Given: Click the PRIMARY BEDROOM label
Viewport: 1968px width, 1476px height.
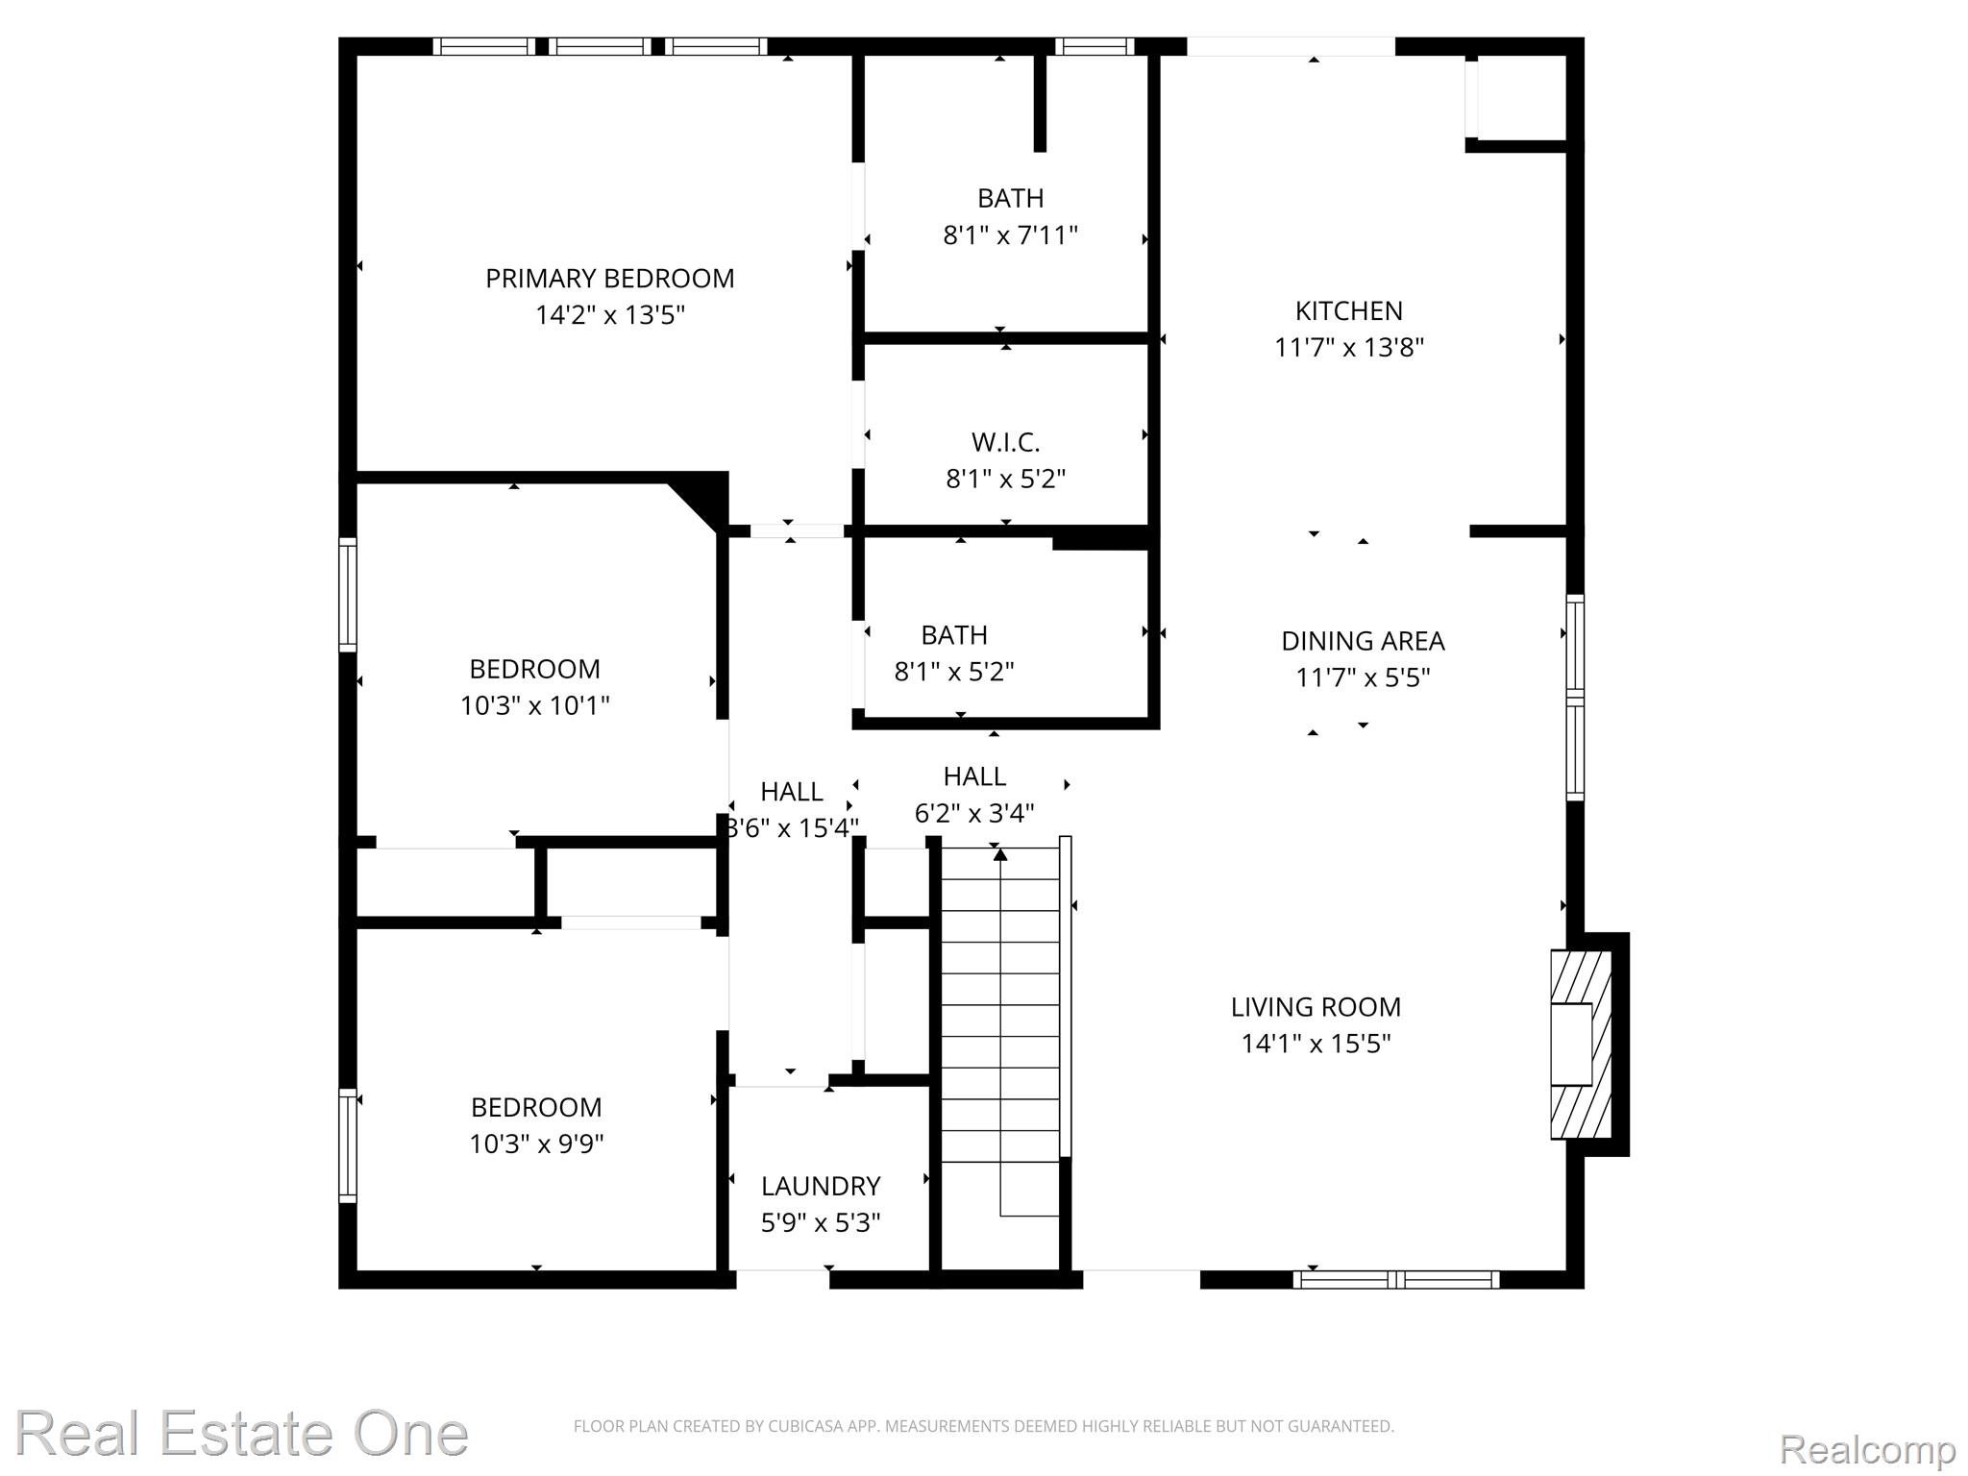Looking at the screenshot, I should point(609,279).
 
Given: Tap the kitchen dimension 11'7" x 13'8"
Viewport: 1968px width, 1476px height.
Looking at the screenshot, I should point(1348,347).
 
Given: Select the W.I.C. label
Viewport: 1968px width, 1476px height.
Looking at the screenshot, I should point(1005,442).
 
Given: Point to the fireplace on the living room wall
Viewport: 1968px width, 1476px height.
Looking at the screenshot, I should point(1580,1045).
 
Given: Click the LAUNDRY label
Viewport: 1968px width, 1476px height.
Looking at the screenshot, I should point(821,1186).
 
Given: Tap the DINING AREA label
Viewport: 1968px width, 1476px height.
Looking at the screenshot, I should point(1363,641).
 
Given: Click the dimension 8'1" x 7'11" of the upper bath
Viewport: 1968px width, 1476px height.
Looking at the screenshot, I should point(1010,235).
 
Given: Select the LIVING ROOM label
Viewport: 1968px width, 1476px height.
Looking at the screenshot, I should point(1316,1007).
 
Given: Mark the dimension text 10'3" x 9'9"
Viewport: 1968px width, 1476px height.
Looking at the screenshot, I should point(536,1144).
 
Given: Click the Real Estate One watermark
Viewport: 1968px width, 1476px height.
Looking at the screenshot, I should point(241,1434).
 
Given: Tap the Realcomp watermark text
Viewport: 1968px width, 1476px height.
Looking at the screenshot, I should point(1867,1449).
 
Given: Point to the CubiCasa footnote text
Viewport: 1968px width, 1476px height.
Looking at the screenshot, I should point(983,1426).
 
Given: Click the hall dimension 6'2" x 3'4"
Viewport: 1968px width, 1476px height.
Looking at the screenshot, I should point(973,814).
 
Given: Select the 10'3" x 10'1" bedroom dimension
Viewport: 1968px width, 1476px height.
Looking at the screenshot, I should point(534,706).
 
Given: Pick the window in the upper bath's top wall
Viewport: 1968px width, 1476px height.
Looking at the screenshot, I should point(1094,46).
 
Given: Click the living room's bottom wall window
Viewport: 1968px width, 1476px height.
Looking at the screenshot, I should point(1395,1279).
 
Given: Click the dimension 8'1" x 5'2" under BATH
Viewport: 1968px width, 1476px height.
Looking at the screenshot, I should point(954,672).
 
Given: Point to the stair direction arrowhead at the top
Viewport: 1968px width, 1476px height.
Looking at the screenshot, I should point(1000,853).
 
